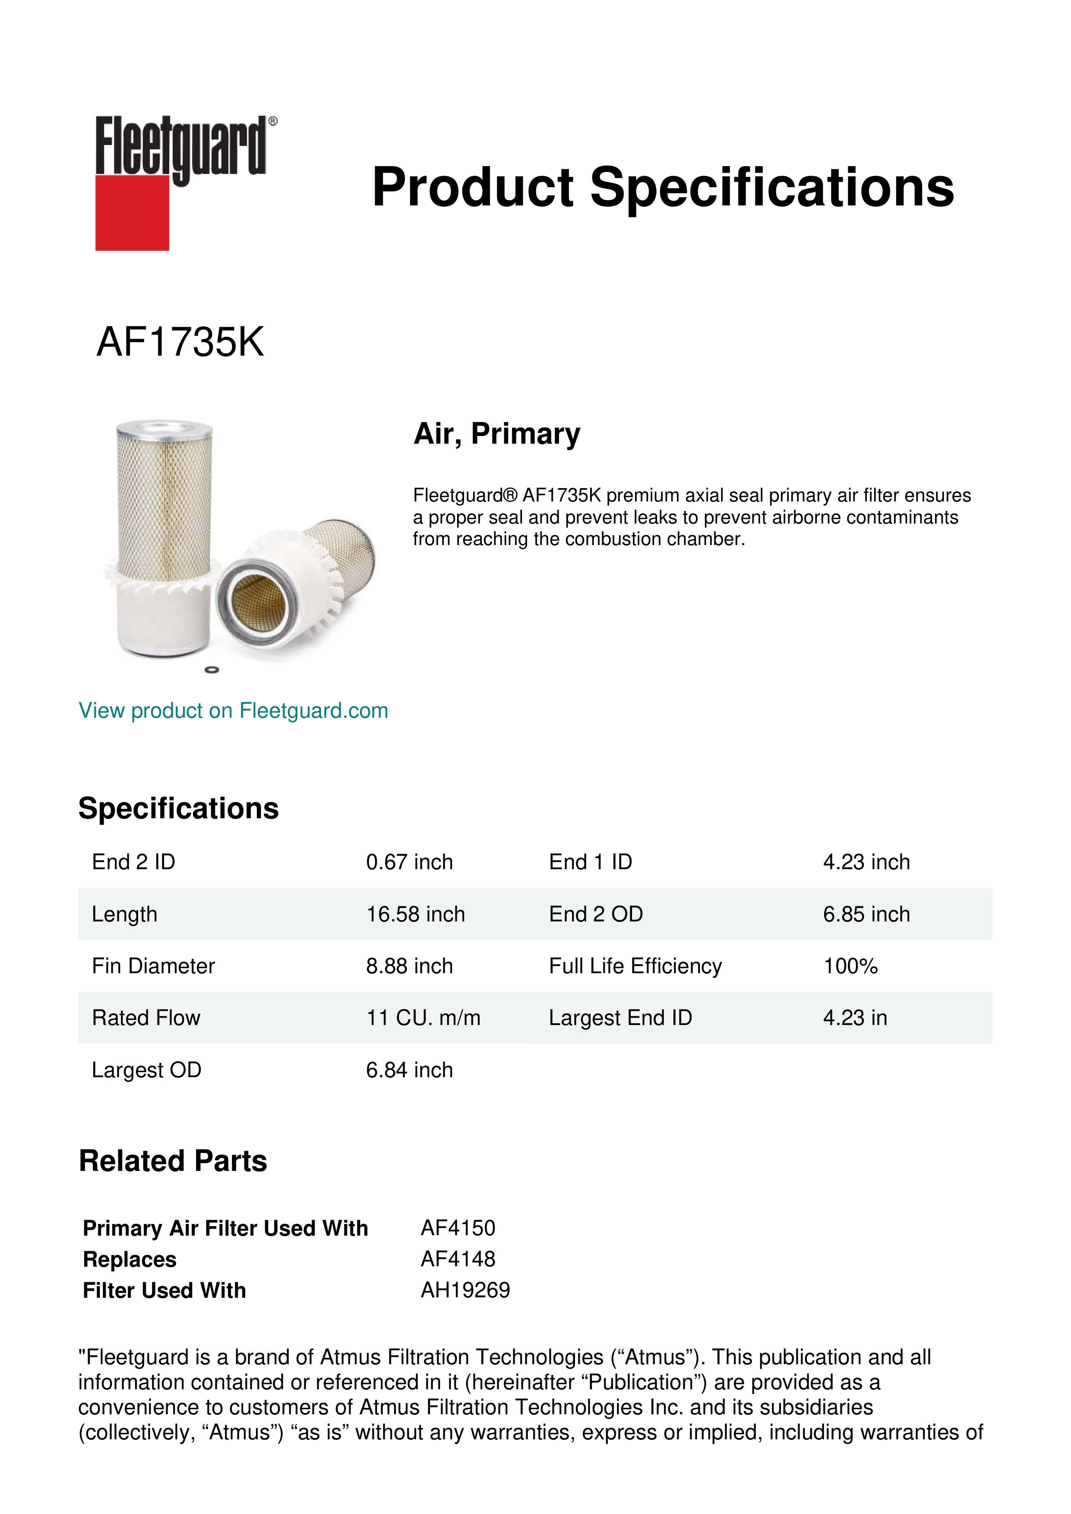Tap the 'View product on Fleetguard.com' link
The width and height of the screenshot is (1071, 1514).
[x=233, y=710]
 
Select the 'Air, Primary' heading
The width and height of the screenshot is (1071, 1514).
[x=496, y=434]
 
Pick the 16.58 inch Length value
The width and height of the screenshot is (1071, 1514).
[x=415, y=914]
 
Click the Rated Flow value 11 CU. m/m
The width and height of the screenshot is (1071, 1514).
[x=423, y=1018]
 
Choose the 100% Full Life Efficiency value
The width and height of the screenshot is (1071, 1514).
[x=850, y=966]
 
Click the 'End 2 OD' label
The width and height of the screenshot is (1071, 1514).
[x=596, y=914]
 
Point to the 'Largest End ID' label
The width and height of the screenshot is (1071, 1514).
[x=620, y=1018]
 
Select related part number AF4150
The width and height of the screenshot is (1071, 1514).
[x=458, y=1228]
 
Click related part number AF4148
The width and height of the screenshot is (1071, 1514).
[x=458, y=1259]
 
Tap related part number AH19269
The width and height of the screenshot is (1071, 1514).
[x=465, y=1290]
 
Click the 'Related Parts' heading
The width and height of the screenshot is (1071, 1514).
[x=173, y=1161]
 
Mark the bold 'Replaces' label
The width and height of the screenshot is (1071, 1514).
[x=129, y=1259]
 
